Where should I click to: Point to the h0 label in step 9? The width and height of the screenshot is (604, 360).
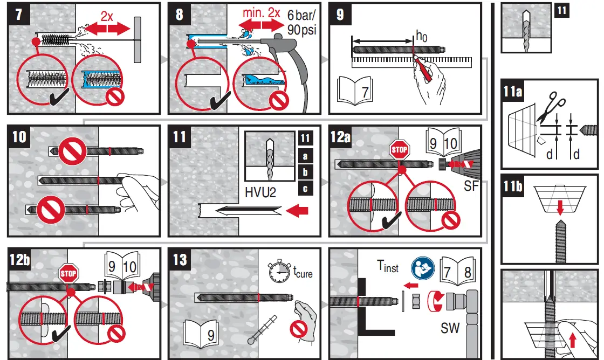[x=421, y=37]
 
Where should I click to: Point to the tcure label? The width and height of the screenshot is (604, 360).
[x=302, y=273]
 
